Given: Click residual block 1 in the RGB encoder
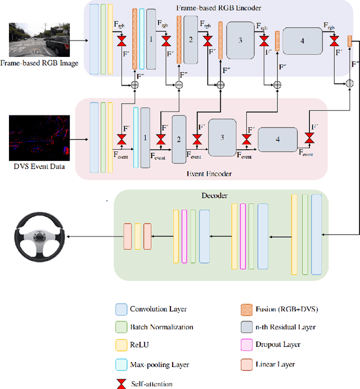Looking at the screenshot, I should click(x=151, y=39).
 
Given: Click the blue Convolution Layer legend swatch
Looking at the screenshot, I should click(x=121, y=308).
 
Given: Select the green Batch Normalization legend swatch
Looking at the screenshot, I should click(x=121, y=327).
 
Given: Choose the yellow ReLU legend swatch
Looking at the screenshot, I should click(x=121, y=346).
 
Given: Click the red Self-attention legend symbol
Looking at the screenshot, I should click(x=121, y=382).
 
